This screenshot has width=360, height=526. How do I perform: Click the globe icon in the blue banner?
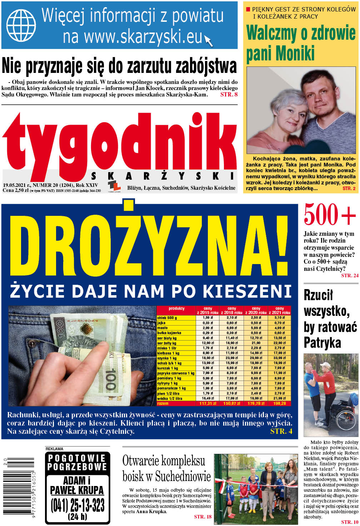21,25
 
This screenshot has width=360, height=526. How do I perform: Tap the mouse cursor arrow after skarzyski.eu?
209,40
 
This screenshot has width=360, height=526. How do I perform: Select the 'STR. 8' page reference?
229,95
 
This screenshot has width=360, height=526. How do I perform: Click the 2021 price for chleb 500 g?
280,318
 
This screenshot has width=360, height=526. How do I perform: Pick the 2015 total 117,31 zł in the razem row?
207,403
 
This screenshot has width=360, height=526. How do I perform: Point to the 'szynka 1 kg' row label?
167,358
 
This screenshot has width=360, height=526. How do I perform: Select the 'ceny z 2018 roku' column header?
232,311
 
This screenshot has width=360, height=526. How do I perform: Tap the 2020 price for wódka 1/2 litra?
256,398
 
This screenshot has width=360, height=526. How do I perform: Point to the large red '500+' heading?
330,215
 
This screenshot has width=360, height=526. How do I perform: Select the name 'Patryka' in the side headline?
322,343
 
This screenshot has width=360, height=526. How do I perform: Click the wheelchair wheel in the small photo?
345,418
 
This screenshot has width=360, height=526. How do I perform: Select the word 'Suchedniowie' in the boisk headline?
183,476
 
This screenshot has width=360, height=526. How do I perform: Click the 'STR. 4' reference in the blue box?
281,431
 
